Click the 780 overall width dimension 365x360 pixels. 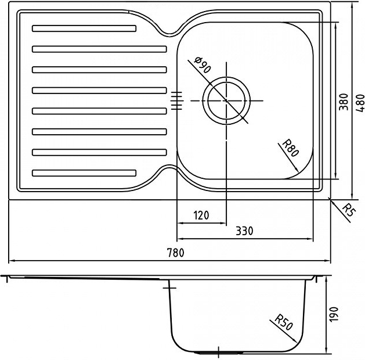pos(176,253)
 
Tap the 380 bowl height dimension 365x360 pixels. pos(344,102)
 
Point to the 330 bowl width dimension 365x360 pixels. pos(244,231)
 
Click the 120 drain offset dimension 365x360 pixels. pos(201,215)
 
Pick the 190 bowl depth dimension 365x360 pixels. pos(334,315)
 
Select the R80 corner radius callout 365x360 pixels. pos(290,149)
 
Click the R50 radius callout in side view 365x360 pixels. pos(284,322)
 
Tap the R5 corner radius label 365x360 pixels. pos(349,210)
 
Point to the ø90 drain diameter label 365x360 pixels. pos(203,65)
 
